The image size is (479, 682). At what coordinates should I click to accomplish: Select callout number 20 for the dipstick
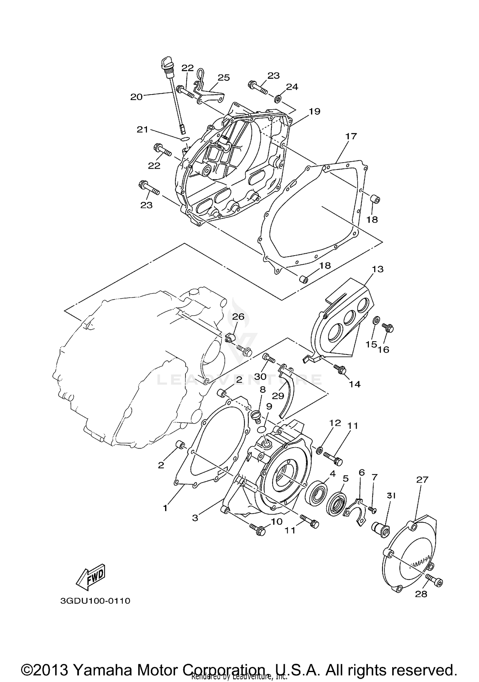(x=136, y=97)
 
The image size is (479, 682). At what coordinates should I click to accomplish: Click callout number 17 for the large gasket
(x=351, y=136)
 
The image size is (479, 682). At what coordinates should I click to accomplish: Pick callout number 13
(x=377, y=269)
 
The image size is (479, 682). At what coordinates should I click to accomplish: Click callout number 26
(x=238, y=317)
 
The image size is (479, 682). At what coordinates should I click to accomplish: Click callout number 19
(x=314, y=111)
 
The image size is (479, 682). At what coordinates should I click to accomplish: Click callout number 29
(x=278, y=396)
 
